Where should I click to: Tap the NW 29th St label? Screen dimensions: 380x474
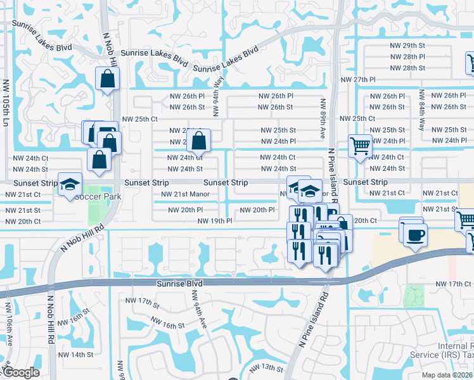405,46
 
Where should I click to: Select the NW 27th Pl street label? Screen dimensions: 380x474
359,80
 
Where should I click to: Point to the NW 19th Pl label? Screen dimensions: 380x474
215,221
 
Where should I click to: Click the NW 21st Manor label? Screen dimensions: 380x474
185,194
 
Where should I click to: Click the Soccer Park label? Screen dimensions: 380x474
98,197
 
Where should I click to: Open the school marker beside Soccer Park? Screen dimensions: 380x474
70,186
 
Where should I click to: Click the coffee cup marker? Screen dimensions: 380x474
415,236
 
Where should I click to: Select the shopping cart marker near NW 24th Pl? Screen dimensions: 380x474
360,146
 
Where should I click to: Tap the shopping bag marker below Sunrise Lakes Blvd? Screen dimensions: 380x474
107,79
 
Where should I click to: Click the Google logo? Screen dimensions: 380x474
21,373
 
